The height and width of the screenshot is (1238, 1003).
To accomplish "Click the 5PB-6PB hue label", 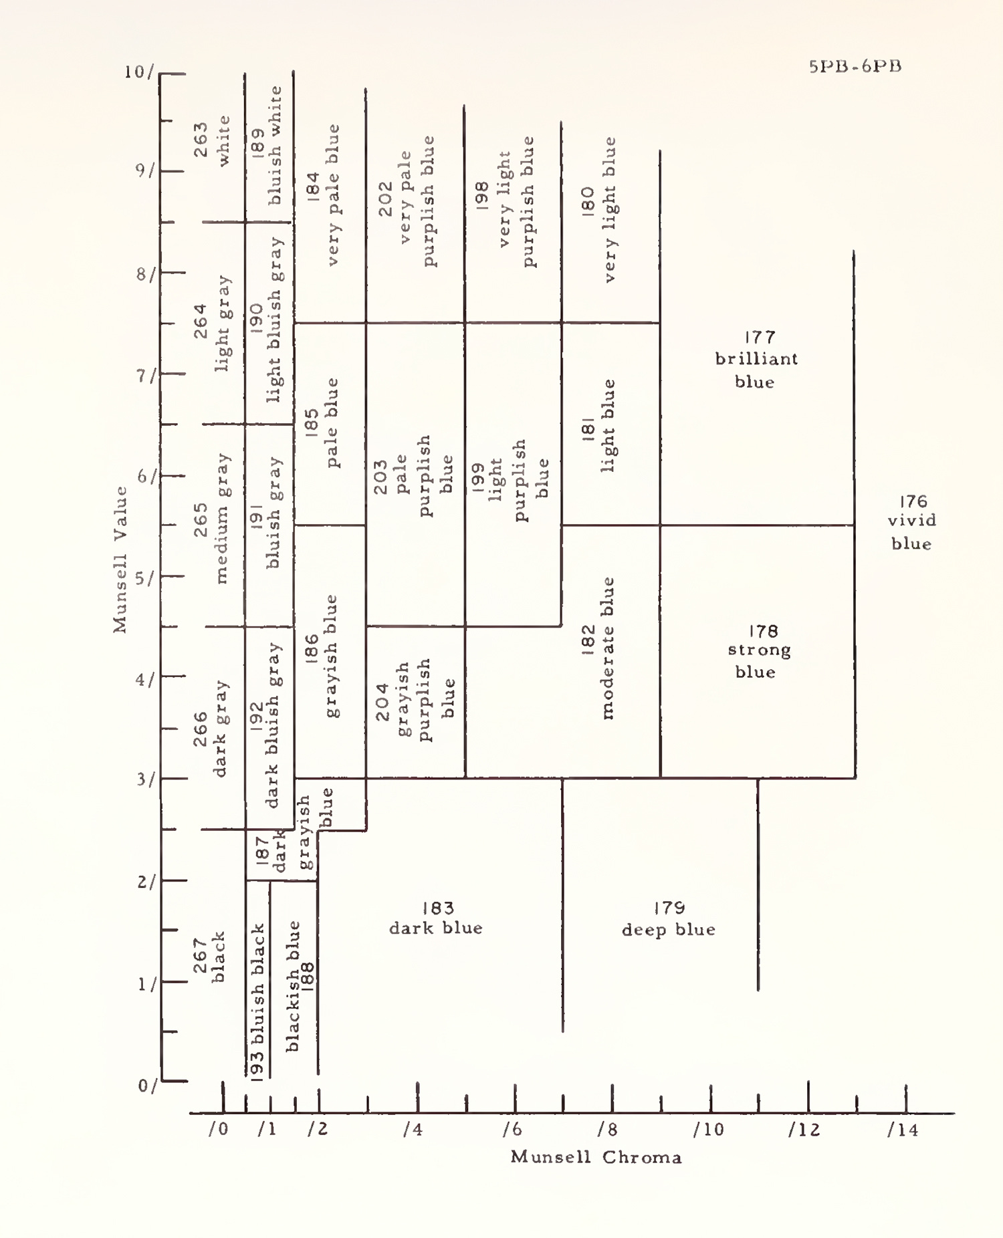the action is pos(855,66).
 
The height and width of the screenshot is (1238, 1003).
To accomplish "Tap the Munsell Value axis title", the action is pos(120,559).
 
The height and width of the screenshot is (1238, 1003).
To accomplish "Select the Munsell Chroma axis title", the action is pos(596,1157).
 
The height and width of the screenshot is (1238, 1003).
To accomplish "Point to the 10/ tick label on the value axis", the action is pos(139,72).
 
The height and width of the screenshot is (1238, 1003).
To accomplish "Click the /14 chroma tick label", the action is pos(903,1130).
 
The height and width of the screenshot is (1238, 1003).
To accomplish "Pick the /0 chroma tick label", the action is pos(218,1129).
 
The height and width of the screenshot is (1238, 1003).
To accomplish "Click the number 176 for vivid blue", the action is pos(913,501).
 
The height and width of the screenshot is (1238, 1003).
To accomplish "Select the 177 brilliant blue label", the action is pos(757,359).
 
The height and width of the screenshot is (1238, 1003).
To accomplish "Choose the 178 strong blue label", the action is pos(759,651).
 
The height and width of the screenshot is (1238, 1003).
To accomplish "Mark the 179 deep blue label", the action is pos(669,918).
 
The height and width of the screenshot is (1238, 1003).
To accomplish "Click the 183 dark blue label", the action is pos(436,918).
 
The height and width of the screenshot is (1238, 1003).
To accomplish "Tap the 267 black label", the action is pos(209,957).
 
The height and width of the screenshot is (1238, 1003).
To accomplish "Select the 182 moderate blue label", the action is pos(598,648).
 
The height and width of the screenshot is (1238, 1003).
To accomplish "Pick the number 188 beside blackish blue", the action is pos(306,977).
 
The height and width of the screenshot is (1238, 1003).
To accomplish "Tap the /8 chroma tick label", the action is pos(607,1130).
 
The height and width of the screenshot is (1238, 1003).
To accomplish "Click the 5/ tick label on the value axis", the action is pos(144,578).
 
